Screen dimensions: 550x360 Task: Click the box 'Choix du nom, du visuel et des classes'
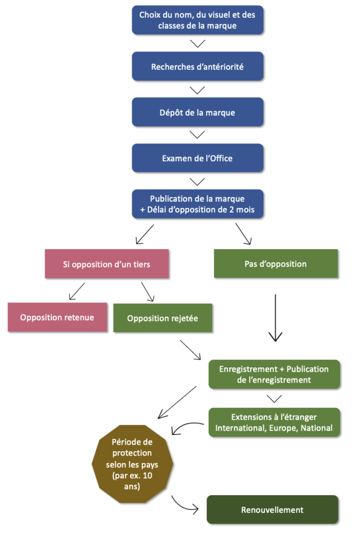pos(197,20)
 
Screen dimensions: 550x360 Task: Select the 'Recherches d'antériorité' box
pos(197,67)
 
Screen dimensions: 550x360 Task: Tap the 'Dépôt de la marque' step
pos(197,113)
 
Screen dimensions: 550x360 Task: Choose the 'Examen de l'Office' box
pos(197,158)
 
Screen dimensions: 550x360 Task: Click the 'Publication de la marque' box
pos(197,204)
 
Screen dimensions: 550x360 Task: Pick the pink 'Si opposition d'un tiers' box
pos(106,264)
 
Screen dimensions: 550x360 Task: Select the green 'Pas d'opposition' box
pos(276,264)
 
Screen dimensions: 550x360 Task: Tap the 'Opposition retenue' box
pos(57,317)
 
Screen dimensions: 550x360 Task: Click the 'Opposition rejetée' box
pos(162,318)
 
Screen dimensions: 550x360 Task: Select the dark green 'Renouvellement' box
pos(272,510)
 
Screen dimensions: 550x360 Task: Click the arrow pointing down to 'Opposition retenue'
pos(77,292)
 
